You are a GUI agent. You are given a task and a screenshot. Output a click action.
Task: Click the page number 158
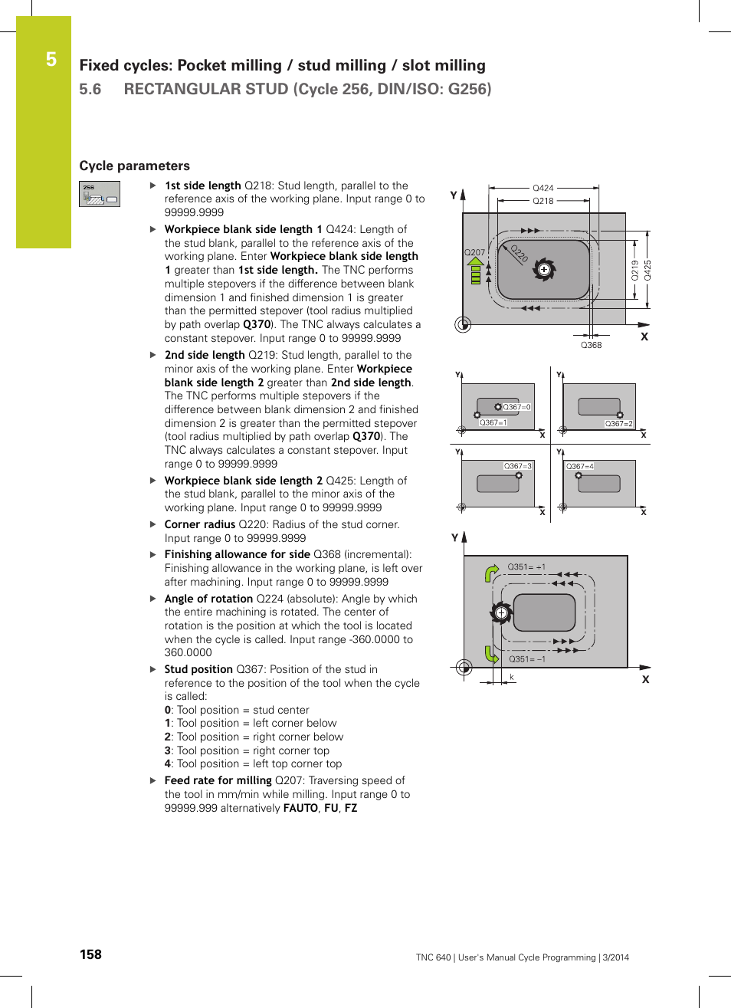pyautogui.click(x=90, y=954)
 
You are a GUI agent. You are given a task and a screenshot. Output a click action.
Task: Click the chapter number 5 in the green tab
pyautogui.click(x=51, y=60)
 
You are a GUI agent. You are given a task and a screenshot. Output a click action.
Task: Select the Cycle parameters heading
pyautogui.click(x=134, y=166)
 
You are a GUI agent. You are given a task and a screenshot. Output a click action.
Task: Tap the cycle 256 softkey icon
pyautogui.click(x=100, y=194)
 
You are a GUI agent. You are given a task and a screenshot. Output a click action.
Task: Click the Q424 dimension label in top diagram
pyautogui.click(x=543, y=188)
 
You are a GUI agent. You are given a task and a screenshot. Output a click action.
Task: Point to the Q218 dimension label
pyautogui.click(x=543, y=201)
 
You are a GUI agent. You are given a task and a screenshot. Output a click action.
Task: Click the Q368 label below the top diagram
pyautogui.click(x=591, y=345)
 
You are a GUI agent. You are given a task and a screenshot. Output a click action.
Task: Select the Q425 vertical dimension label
pyautogui.click(x=647, y=271)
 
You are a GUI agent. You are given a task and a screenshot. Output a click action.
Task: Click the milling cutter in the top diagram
pyautogui.click(x=544, y=270)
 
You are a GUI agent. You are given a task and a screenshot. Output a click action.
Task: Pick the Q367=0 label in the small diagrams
pyautogui.click(x=516, y=407)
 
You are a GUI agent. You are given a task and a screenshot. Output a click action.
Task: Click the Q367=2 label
pyautogui.click(x=618, y=423)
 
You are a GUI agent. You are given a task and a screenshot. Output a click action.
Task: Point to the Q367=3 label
pyautogui.click(x=517, y=466)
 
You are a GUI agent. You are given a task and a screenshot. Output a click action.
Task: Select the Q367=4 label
pyautogui.click(x=580, y=466)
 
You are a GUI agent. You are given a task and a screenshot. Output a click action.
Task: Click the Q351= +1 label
pyautogui.click(x=526, y=567)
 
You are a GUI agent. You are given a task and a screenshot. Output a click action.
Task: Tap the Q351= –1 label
pyautogui.click(x=527, y=659)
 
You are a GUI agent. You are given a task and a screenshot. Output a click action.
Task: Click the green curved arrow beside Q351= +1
pyautogui.click(x=491, y=573)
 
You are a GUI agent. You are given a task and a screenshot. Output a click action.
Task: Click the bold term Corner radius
pyautogui.click(x=199, y=524)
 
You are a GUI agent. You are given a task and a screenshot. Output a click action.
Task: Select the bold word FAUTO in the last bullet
pyautogui.click(x=300, y=808)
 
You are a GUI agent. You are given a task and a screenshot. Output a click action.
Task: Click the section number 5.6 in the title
pyautogui.click(x=90, y=89)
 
